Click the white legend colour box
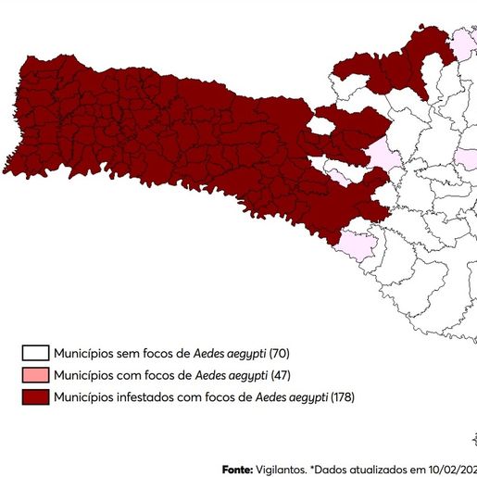[x=36, y=354]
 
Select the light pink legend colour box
[x=36, y=376]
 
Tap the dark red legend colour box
[x=36, y=398]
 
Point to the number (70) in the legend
[x=281, y=354]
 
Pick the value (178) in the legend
[x=343, y=398]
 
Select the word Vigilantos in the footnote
[x=282, y=470]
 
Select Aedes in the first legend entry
[x=209, y=354]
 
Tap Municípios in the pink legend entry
[x=82, y=376]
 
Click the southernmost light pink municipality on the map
[x=357, y=245]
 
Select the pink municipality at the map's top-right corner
[x=460, y=44]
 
